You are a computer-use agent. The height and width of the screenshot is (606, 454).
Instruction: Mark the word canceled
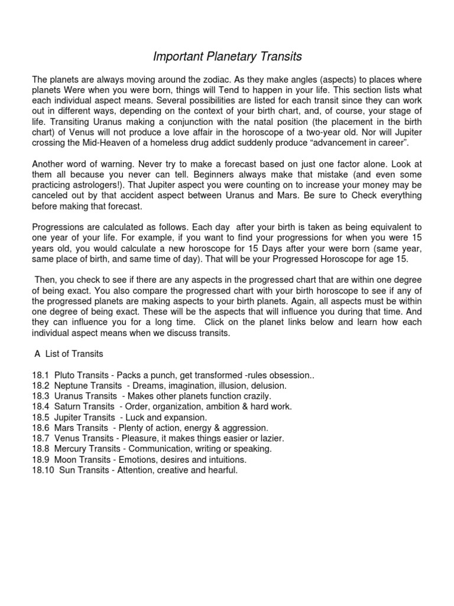[x=49, y=195]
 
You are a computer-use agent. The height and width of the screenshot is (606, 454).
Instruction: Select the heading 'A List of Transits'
[x=69, y=354]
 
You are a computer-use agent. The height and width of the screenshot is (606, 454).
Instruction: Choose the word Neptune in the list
[x=72, y=385]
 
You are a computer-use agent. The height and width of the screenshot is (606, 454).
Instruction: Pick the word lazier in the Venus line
[x=271, y=438]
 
